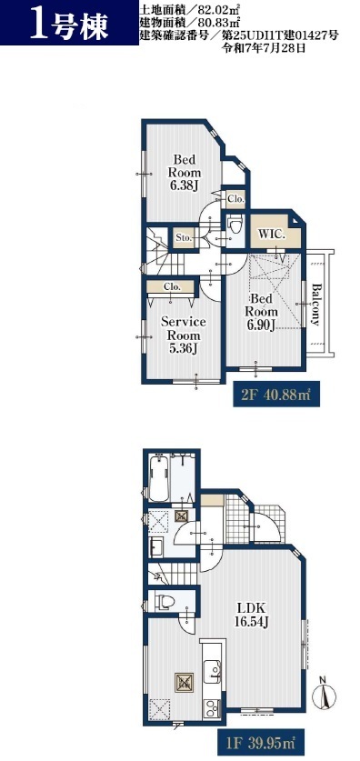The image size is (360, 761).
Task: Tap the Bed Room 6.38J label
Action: pos(184,173)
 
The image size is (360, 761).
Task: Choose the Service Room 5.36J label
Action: pos(183,335)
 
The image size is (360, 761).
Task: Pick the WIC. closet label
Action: pos(271,233)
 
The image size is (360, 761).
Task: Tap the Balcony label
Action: pos(315,305)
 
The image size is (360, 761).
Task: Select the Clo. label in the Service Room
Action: pos(172,286)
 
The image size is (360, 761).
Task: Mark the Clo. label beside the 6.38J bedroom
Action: pos(236,198)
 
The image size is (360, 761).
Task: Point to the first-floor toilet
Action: pos(164,602)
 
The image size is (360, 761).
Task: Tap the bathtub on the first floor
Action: pos(158,477)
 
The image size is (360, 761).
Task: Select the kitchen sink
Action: pos(212,672)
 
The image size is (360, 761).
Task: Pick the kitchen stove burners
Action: pos(213,708)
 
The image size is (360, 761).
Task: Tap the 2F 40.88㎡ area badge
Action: pos(276,396)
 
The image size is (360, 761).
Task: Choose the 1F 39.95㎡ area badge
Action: pos(262,741)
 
